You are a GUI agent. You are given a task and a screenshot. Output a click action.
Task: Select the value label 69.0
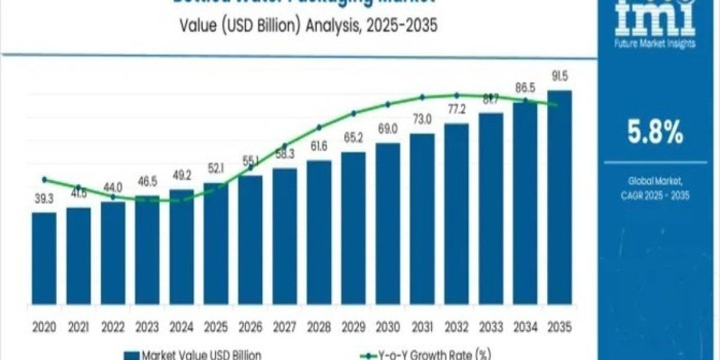(x=388, y=129)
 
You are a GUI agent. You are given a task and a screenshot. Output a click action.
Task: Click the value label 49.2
(x=181, y=176)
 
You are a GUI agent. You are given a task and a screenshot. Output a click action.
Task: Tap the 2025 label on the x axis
(x=215, y=327)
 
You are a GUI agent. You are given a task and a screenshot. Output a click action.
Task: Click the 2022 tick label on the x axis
(x=113, y=327)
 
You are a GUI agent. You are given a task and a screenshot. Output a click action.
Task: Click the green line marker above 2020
(x=44, y=179)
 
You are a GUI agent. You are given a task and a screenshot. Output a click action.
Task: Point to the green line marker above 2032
(x=457, y=95)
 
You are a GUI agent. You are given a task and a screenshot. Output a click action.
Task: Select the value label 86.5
(x=525, y=88)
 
